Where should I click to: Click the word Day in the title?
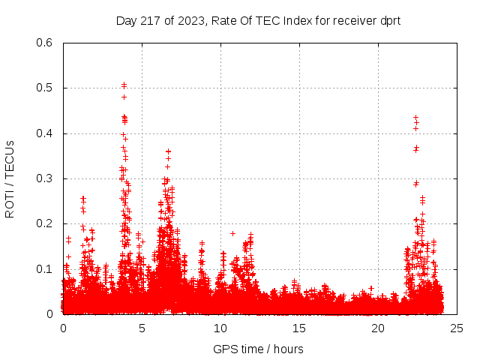[x=125, y=20]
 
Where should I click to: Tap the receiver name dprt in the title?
[x=388, y=20]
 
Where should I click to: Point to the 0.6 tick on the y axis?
[x=46, y=43]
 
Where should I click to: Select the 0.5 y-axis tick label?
[x=46, y=88]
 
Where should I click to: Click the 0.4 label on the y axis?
[x=46, y=133]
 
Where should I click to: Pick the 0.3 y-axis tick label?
[x=46, y=178]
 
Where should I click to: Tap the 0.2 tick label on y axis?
[x=46, y=223]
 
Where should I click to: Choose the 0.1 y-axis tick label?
[x=46, y=268]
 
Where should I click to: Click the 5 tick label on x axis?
[x=142, y=328]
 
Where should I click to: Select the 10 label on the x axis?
[x=220, y=328]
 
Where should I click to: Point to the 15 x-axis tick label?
[x=299, y=328]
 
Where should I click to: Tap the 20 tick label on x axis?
[x=378, y=328]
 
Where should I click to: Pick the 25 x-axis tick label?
[x=457, y=328]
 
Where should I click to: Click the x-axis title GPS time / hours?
[x=258, y=349]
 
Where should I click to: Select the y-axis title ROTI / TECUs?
[x=10, y=178]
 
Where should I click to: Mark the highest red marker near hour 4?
[x=124, y=85]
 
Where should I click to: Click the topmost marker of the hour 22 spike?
[x=415, y=118]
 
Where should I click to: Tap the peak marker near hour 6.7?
[x=168, y=151]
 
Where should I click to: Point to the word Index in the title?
[x=289, y=20]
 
